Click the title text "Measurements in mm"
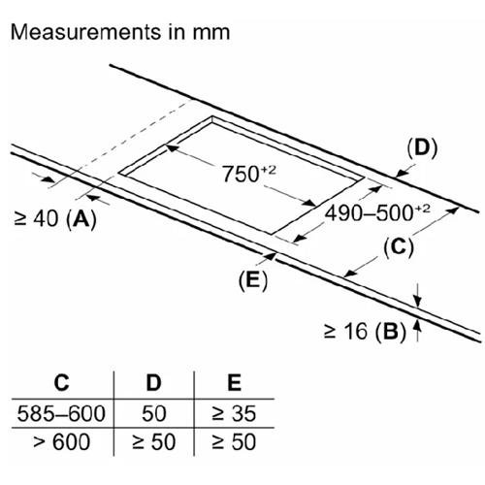[120, 32]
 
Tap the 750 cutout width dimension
[249, 174]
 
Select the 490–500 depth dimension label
[377, 213]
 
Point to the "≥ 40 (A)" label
[55, 219]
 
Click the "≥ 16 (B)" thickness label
[365, 331]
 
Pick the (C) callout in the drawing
[399, 247]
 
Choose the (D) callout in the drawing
[422, 148]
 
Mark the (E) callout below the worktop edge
[253, 280]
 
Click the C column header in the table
[61, 383]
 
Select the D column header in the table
[153, 383]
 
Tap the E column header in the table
[234, 383]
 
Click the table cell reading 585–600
[61, 413]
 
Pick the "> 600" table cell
[61, 441]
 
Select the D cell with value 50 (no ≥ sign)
[154, 413]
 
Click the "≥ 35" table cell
[234, 413]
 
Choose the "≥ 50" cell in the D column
[154, 441]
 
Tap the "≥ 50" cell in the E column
[234, 441]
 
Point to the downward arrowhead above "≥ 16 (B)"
[418, 302]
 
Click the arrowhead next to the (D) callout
[402, 173]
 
